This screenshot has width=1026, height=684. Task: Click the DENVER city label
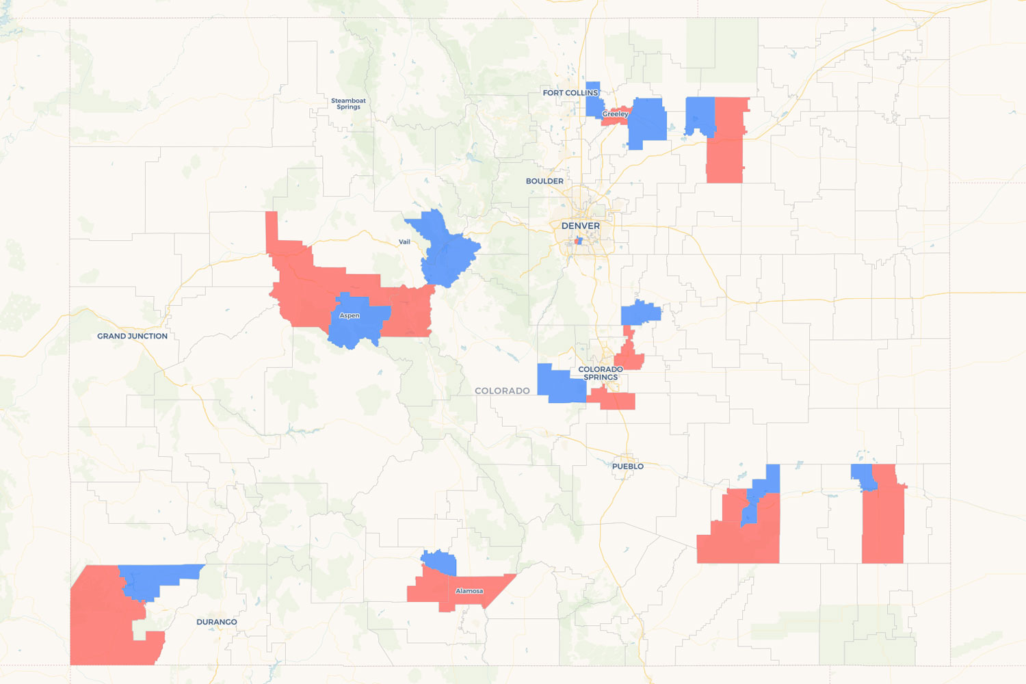coord(580,226)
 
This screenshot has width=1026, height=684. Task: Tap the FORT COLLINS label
coord(570,93)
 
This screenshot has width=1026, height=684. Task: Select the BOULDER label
coord(544,181)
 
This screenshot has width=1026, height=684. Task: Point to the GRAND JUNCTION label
coord(132,336)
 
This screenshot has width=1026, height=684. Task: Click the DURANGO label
coord(216,622)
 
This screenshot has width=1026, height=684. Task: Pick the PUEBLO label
coord(627,466)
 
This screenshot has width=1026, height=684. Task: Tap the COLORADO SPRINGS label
coord(601,373)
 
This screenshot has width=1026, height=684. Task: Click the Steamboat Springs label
coord(348,103)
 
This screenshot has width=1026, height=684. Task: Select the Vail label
coord(404,241)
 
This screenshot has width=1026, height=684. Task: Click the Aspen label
coord(349,315)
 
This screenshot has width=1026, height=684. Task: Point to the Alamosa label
coord(469,591)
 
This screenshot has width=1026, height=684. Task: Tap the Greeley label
coord(615,114)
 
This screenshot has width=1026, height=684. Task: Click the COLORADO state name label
coord(502,391)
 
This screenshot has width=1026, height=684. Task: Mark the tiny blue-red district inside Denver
coord(579,241)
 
